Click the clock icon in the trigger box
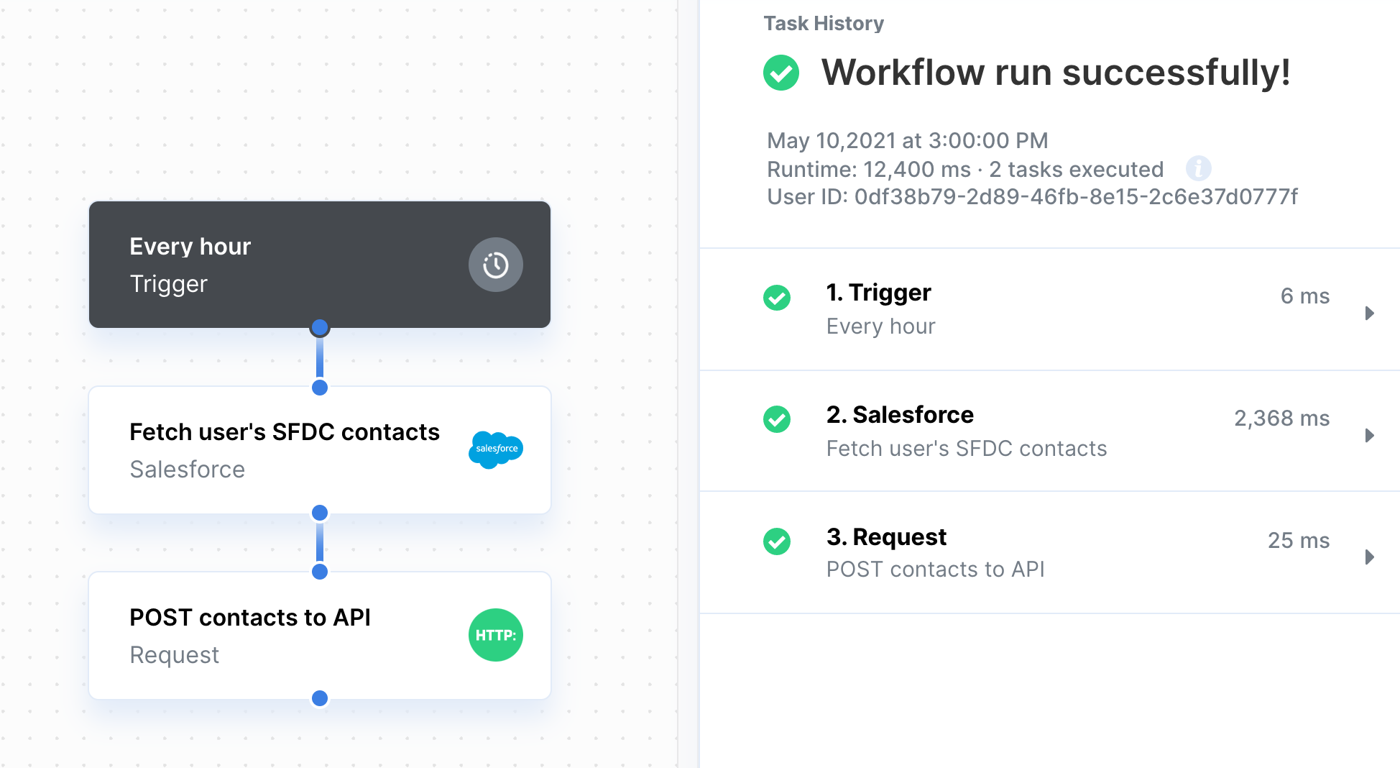496,265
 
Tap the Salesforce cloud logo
496,449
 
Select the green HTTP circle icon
496,635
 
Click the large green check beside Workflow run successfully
781,73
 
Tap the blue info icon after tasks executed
1198,169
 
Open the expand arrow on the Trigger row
1370,313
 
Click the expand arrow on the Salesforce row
1370,435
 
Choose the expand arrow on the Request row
1370,557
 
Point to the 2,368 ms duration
1281,419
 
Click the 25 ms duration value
1299,540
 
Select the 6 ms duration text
1305,296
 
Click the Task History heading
824,24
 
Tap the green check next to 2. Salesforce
777,419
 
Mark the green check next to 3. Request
777,541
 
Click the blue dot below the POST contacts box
320,698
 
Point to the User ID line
1032,197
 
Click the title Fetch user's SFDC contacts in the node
285,432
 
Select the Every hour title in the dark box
190,247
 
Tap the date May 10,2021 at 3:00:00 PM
908,140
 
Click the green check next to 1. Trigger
777,297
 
